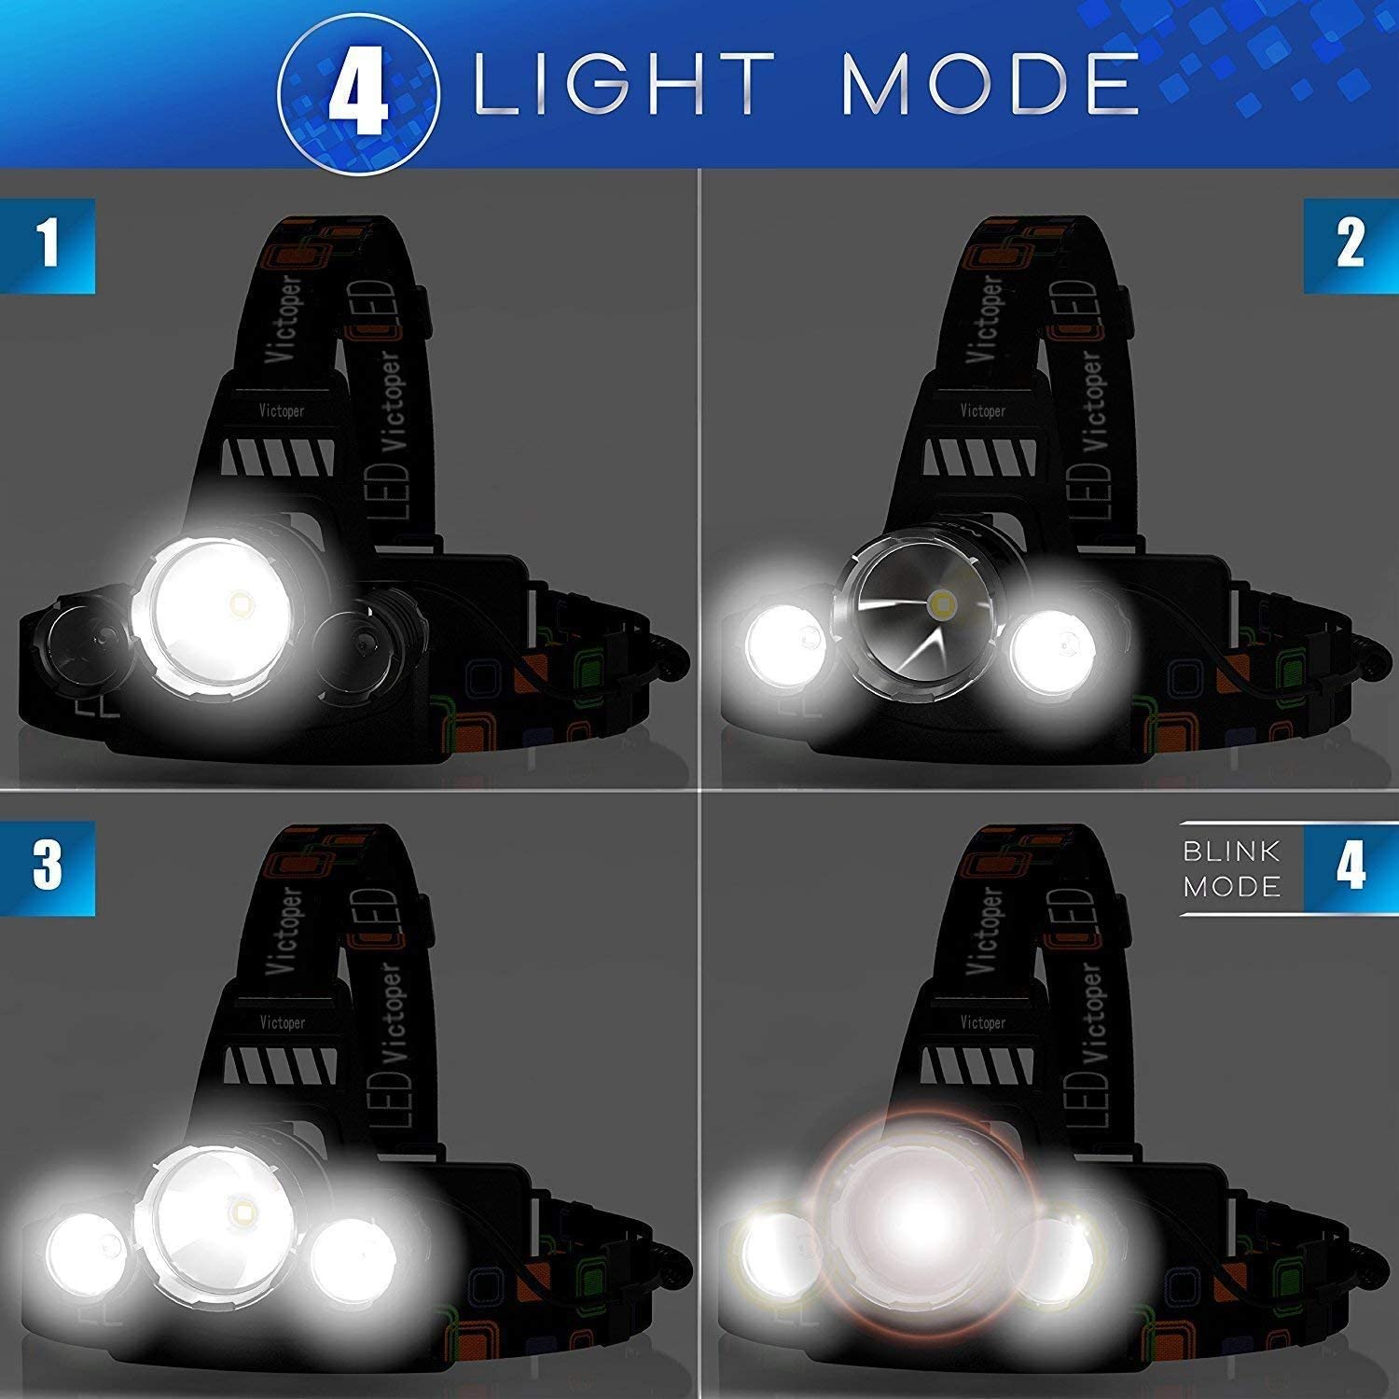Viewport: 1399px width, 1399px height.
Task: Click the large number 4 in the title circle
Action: [357, 87]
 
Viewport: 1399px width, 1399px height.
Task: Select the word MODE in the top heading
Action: [990, 85]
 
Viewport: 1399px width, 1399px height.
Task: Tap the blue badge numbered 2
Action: [1351, 245]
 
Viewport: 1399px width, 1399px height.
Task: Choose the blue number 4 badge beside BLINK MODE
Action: [1351, 866]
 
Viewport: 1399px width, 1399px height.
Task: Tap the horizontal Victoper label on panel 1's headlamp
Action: [281, 410]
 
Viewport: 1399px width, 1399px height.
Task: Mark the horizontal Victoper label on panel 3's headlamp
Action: [281, 1022]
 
